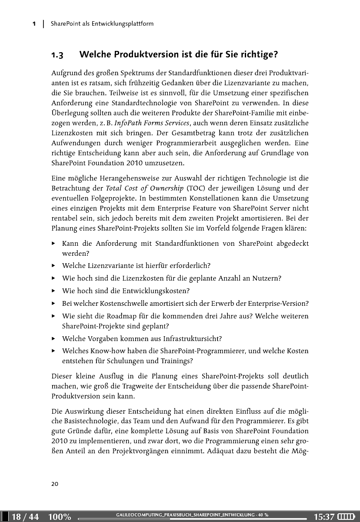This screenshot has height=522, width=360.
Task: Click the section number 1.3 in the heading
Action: click(57, 55)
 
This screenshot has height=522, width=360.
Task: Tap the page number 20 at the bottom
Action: click(55, 483)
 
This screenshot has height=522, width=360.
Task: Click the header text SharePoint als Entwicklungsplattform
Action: click(102, 23)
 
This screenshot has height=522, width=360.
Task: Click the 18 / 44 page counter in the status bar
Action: click(25, 517)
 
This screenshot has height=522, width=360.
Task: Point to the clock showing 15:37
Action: click(324, 517)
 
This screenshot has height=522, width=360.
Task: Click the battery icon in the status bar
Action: click(347, 517)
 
